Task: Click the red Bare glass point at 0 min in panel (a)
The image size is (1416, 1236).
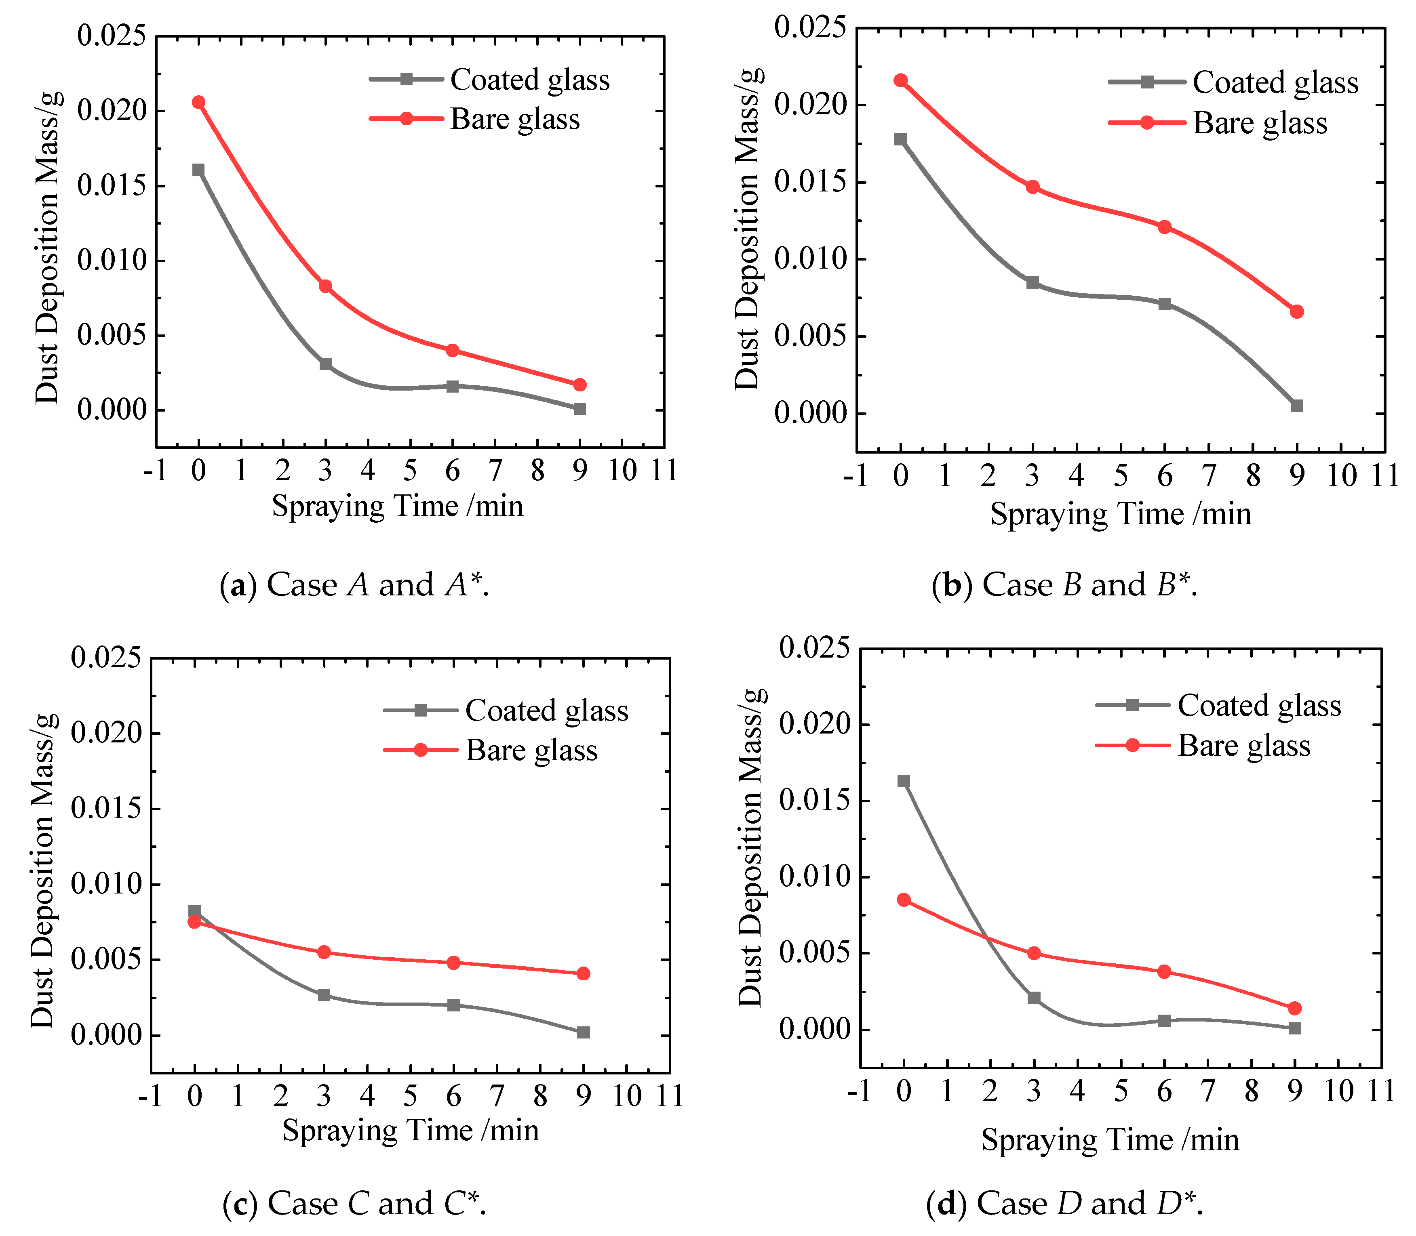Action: [x=199, y=102]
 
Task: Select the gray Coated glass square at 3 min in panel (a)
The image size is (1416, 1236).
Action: [x=326, y=364]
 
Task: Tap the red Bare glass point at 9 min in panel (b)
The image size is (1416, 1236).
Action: [x=1297, y=312]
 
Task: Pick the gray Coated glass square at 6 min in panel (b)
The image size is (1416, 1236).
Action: [x=1165, y=303]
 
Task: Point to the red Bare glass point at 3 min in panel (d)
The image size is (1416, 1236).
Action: [x=1034, y=953]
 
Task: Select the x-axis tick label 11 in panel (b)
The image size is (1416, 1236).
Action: [x=1384, y=476]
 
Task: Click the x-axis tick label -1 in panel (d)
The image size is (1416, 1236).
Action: [x=860, y=1091]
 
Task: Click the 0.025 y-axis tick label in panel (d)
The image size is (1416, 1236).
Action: [x=814, y=648]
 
